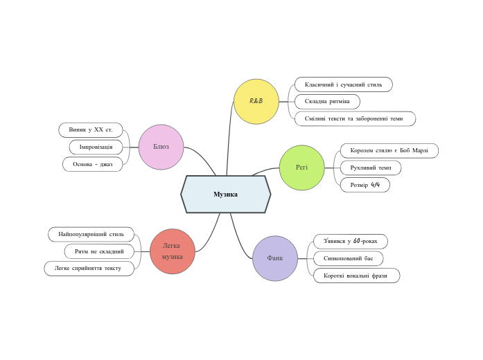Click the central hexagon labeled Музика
(225, 195)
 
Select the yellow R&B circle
(256, 101)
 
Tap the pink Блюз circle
(161, 147)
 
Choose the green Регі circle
(301, 168)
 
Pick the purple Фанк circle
(275, 258)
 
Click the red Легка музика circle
(172, 251)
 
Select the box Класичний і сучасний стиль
(343, 84)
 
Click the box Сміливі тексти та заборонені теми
(354, 119)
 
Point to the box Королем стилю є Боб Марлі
(389, 150)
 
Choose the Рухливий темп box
(371, 168)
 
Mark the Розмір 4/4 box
(365, 185)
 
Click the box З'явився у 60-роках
(350, 241)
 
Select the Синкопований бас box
(348, 258)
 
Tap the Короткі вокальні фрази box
(355, 276)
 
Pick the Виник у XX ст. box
(91, 130)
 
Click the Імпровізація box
(96, 147)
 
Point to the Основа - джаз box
(92, 164)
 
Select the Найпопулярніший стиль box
(91, 234)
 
